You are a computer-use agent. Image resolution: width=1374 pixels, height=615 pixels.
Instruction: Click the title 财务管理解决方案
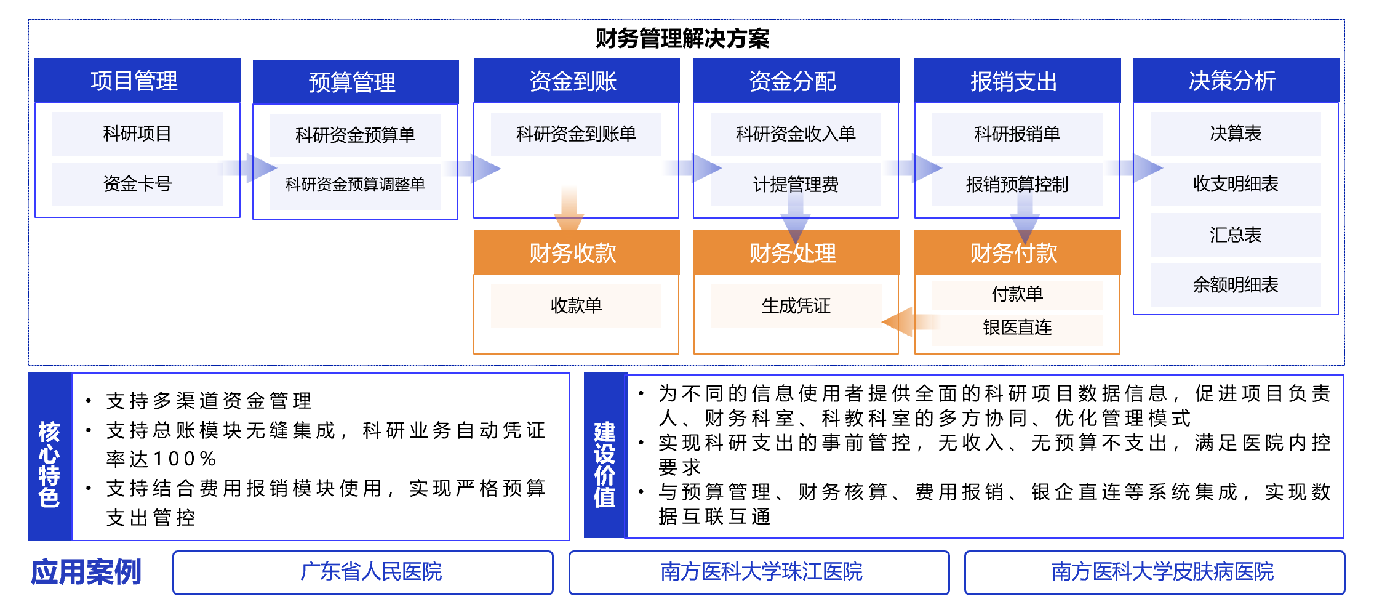click(x=682, y=39)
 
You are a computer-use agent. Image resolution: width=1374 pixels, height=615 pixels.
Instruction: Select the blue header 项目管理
click(x=137, y=81)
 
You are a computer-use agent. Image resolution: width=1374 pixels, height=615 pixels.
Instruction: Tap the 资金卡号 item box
click(x=137, y=184)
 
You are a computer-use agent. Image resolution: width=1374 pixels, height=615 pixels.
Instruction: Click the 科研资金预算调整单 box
click(x=355, y=185)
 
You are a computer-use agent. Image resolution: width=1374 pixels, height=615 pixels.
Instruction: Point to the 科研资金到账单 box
click(x=576, y=134)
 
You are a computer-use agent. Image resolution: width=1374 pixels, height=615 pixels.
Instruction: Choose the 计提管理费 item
click(x=796, y=185)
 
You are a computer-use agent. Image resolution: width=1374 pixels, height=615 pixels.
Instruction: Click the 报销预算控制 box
click(x=1017, y=185)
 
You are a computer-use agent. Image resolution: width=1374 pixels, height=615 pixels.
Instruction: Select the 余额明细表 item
click(x=1236, y=285)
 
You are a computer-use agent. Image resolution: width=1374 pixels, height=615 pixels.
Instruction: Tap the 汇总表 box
click(x=1236, y=235)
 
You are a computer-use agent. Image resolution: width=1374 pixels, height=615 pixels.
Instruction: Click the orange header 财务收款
click(x=577, y=252)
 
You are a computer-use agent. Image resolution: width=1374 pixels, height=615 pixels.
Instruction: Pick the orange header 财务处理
click(x=796, y=252)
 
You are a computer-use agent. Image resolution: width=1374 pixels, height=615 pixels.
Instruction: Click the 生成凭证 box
click(x=796, y=305)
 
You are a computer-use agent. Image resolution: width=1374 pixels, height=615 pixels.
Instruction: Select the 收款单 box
click(x=576, y=305)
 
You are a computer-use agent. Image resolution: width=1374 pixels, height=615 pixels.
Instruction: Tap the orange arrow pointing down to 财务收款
click(x=569, y=210)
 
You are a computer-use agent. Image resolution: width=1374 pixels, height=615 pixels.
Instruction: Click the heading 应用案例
click(x=86, y=572)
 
